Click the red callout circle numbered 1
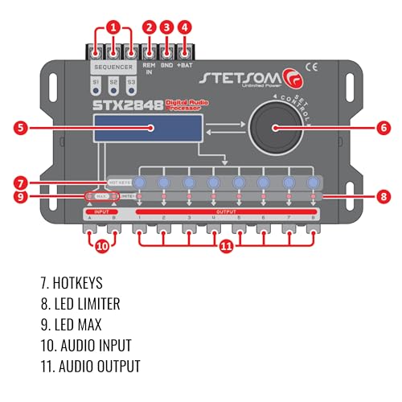coord(113,25)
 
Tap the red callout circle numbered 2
coord(149,25)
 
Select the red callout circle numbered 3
coord(166,25)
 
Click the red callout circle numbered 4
coord(185,25)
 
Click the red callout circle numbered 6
coord(383,127)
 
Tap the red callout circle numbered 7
coord(21,183)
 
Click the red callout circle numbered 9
coord(21,196)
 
